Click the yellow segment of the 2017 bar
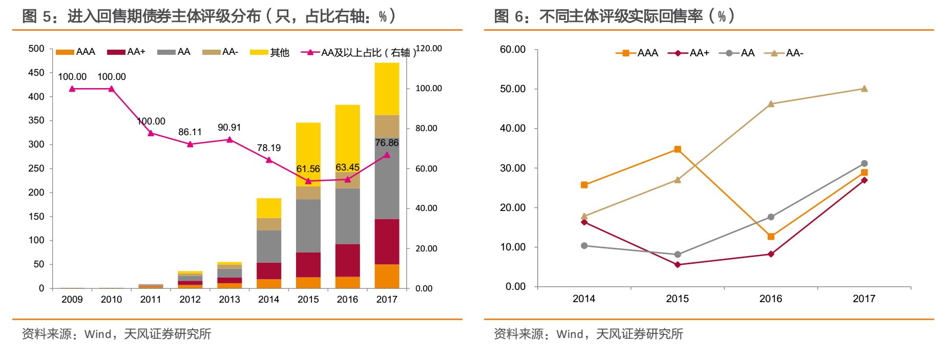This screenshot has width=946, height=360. pos(387,89)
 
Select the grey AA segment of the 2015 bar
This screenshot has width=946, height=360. pos(308,225)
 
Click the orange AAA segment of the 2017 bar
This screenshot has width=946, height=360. pos(387,276)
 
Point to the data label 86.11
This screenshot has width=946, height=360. pos(190,132)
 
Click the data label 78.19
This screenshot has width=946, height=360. pos(268,148)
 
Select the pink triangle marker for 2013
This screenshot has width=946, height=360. pos(229,139)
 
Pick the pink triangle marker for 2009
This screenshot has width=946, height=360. pos(72,89)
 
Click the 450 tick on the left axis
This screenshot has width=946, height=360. pos(36,73)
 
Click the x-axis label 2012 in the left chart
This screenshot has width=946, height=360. pos(190,300)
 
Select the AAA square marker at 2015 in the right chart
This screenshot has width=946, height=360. pos(677,150)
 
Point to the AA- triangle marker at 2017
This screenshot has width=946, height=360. pos(864,89)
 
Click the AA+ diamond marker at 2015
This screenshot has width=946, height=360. pos(677,265)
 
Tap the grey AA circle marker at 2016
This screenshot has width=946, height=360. pos(771,217)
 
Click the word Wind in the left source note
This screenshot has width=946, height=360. pos(98,334)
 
